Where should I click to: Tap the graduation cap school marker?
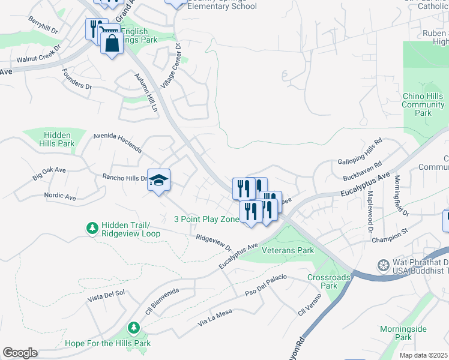pyautogui.click(x=158, y=180)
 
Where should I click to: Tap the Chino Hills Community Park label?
pyautogui.click(x=423, y=104)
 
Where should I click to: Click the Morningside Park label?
pyautogui.click(x=403, y=333)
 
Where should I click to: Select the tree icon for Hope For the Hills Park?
pyautogui.click(x=134, y=328)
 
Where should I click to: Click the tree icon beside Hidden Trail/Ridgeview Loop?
pyautogui.click(x=92, y=229)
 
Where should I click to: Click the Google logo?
pyautogui.click(x=20, y=353)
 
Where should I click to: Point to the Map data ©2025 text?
pyautogui.click(x=424, y=355)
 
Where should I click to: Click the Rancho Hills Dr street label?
pyautogui.click(x=125, y=178)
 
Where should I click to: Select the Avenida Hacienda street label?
pyautogui.click(x=118, y=143)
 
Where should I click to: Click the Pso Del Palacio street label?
pyautogui.click(x=266, y=284)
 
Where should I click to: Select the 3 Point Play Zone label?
pyautogui.click(x=206, y=219)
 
